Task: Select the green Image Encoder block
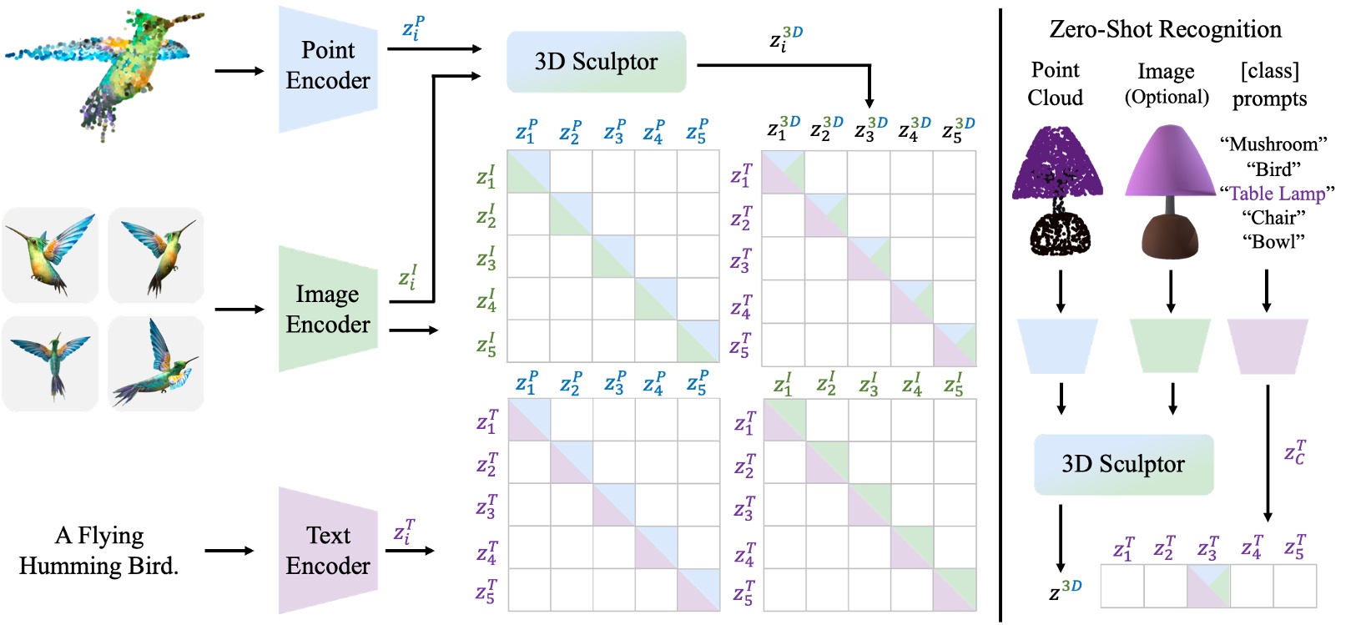pos(328,310)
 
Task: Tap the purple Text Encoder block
pos(328,551)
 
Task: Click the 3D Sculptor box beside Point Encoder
pos(596,62)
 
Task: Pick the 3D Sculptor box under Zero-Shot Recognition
pos(1123,464)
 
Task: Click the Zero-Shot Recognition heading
pos(1165,29)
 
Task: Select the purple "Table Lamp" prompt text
pos(1277,194)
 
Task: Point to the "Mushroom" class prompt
pos(1273,144)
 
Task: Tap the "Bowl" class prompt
pos(1273,242)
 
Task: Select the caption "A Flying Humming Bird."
pos(98,551)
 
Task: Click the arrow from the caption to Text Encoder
pos(229,551)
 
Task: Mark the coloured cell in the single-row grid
pos(1208,586)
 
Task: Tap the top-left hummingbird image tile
pos(50,255)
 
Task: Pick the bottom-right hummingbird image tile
pos(156,363)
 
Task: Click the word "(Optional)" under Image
pos(1167,97)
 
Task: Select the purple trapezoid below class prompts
pos(1268,345)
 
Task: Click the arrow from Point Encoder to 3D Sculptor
pos(434,48)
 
